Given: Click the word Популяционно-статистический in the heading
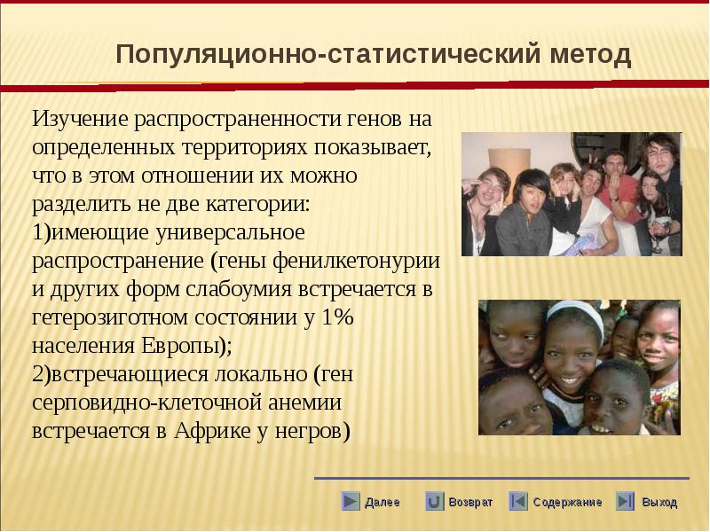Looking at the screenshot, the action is [328, 55].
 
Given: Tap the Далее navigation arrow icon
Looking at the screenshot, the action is [350, 501].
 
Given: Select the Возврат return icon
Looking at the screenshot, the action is [434, 501].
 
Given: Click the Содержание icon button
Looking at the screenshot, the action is [518, 501].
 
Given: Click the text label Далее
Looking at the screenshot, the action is [383, 502].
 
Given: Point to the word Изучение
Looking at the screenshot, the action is [81, 120].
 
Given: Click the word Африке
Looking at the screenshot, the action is [212, 431].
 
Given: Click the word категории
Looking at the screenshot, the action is [257, 205].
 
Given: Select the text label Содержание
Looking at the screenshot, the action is [567, 502].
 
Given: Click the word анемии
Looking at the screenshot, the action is [304, 403].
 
